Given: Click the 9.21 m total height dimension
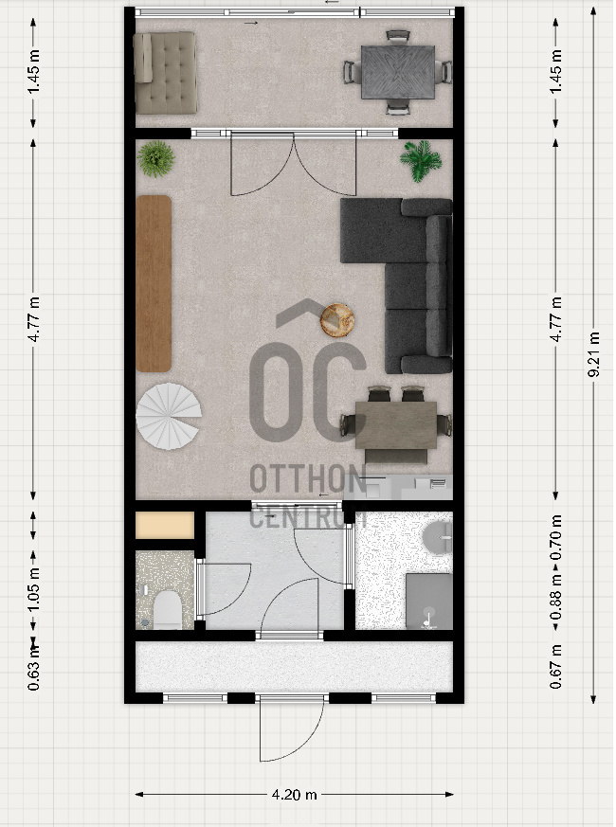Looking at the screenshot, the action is coord(594,354).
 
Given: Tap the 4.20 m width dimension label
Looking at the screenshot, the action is coord(295,794).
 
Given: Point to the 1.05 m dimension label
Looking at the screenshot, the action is coord(34,590).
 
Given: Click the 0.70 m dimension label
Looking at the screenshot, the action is coord(556,537).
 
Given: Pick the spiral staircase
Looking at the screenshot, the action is coord(169,416).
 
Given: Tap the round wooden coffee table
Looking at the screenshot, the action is coord(337,319).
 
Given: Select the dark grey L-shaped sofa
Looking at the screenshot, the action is coord(397,286).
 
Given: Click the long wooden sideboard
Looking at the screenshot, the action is coord(154,284).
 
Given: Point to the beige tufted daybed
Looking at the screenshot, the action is coord(165,73).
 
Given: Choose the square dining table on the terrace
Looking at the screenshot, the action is coord(398,72).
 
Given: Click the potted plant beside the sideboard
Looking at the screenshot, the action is coord(155,158).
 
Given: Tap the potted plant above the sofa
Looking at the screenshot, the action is coord(421,160).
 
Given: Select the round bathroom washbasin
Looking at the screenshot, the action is coord(438,537).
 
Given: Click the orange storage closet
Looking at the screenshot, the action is coord(165,526).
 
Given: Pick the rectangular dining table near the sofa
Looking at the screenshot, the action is coord(396,425).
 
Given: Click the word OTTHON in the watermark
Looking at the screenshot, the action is coord(308,479).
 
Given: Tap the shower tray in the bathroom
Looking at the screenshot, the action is coord(429,602).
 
